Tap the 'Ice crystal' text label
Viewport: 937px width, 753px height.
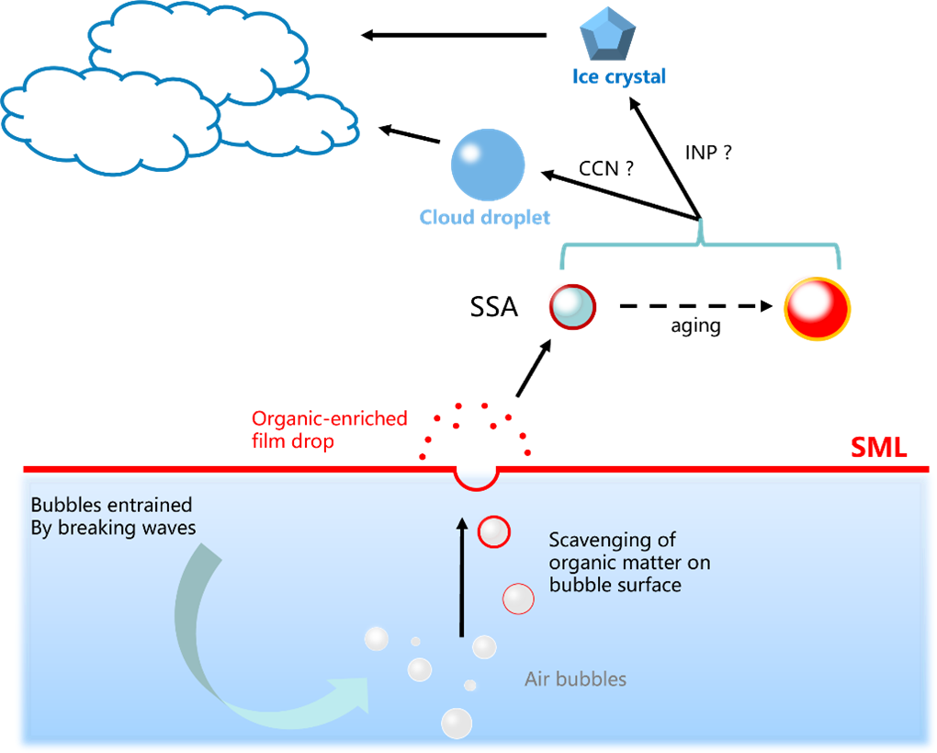[618, 77]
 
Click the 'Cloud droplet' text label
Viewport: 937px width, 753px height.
[485, 218]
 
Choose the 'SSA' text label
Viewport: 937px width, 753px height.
[494, 307]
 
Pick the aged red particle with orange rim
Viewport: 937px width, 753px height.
[818, 307]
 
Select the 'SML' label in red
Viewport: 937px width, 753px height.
[880, 449]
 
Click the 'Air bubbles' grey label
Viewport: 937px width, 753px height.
[576, 679]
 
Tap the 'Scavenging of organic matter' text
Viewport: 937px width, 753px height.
[629, 562]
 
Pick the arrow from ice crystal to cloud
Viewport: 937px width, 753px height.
[454, 35]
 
